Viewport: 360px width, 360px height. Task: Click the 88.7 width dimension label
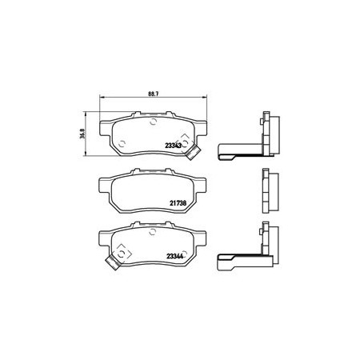pos(154,94)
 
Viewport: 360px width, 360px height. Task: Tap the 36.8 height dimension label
pos(82,134)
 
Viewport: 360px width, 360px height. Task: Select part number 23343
pos(174,146)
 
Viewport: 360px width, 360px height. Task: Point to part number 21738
pos(178,203)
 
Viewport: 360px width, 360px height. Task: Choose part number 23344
pos(174,256)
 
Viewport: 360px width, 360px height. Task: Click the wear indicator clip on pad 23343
pos(194,153)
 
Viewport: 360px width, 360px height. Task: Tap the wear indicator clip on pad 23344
pos(113,262)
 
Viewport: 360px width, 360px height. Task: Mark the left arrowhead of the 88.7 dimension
pos(102,98)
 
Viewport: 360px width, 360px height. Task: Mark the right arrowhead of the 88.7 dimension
pos(205,98)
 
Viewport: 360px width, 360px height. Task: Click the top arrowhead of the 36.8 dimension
pos(86,114)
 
